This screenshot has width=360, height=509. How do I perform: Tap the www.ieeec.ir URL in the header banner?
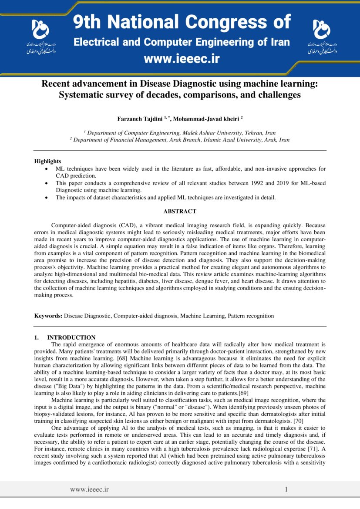(x=182, y=59)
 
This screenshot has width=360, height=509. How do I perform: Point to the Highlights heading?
(x=47, y=161)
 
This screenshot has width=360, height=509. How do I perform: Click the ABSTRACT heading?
(x=180, y=212)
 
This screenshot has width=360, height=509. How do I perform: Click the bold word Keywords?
(x=49, y=316)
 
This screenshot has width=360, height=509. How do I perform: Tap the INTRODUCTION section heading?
(x=71, y=337)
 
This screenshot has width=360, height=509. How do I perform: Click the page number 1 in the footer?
(x=286, y=489)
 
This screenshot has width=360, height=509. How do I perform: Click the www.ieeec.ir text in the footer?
(x=89, y=489)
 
